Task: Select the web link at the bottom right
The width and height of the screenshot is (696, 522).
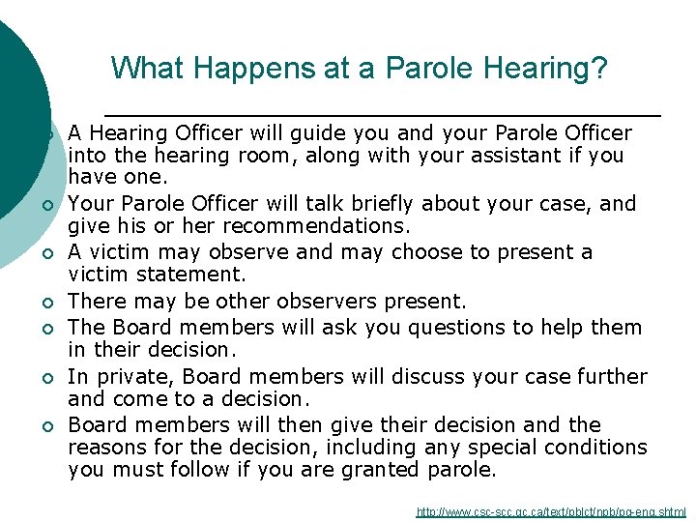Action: click(x=551, y=511)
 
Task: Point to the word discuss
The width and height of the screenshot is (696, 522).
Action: click(x=439, y=376)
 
